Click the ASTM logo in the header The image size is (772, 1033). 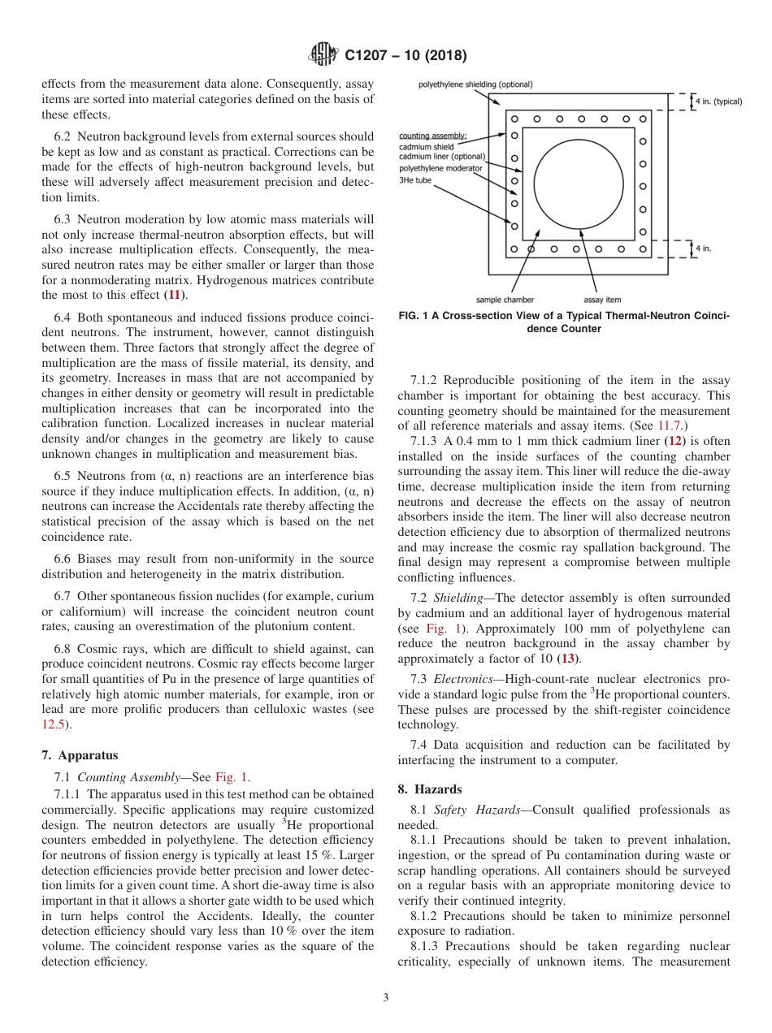pos(323,55)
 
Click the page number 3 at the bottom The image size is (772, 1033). pos(385,998)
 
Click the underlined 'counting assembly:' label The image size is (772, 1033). pos(433,135)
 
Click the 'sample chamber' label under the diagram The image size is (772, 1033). pos(505,300)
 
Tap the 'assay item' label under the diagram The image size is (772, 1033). pos(602,300)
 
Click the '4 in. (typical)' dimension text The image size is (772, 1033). pos(718,102)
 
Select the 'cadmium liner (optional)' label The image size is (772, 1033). pos(442,157)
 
